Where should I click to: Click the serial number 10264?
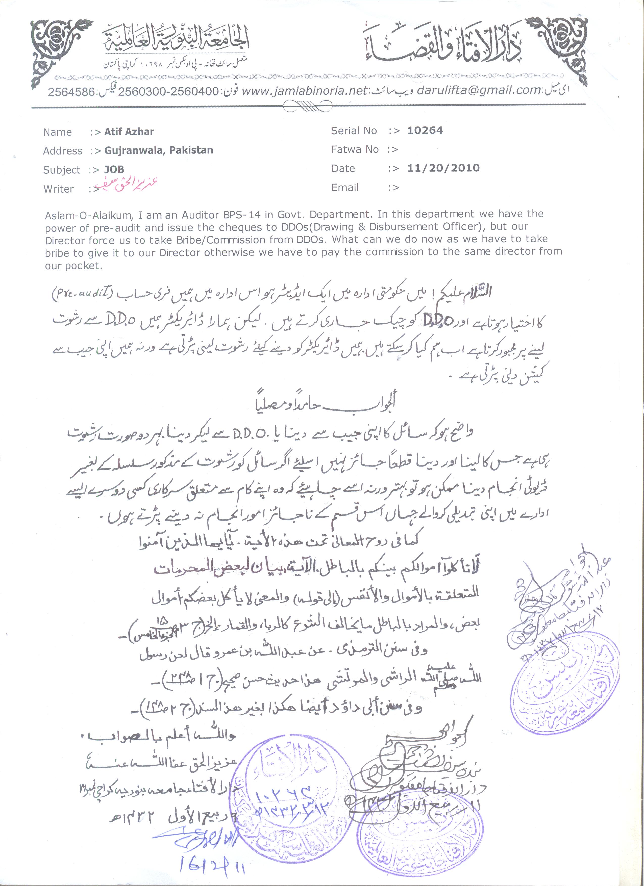click(425, 131)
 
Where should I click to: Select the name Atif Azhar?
click(129, 132)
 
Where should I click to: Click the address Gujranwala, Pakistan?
click(159, 150)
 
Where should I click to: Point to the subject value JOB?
click(114, 170)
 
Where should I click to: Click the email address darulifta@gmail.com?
click(479, 90)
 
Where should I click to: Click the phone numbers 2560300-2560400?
click(168, 92)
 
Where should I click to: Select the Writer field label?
click(59, 189)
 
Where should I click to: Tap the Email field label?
click(345, 188)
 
